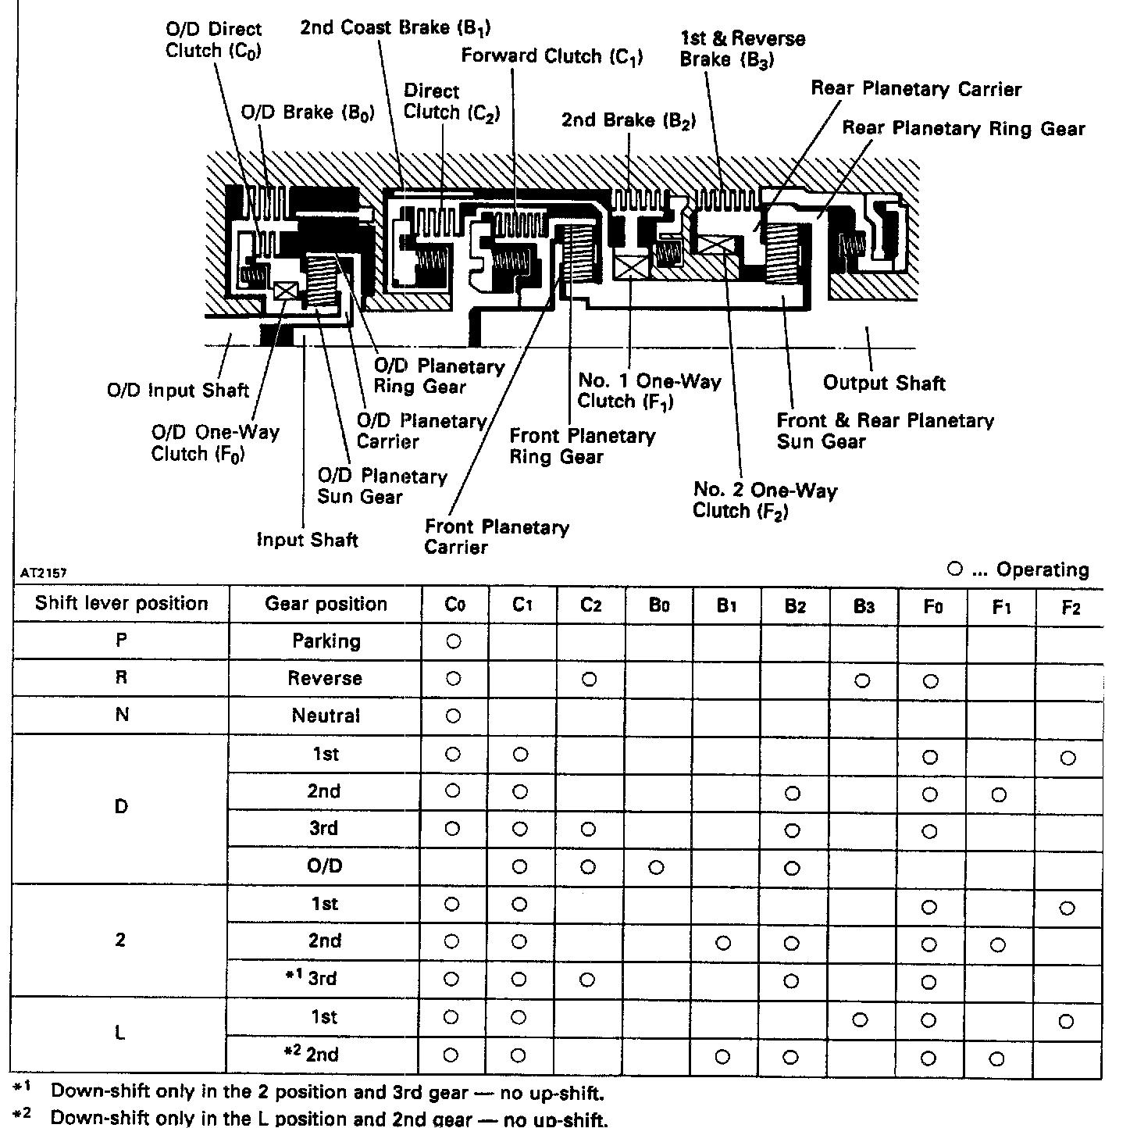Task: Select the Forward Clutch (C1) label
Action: pos(551,56)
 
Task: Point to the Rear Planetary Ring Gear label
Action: pos(963,128)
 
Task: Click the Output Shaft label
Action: pos(884,384)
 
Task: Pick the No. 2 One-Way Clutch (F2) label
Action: pos(765,500)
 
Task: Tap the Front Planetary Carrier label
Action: pos(497,537)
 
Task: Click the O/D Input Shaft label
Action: pos(178,390)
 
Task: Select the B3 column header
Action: pos(863,607)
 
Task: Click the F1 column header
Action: pos(1001,607)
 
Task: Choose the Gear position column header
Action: pos(326,604)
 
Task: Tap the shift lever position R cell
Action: pos(121,677)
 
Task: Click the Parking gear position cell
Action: pos(326,641)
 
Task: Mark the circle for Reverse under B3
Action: pos(861,680)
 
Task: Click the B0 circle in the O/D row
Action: pos(657,867)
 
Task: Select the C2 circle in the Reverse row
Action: pos(590,679)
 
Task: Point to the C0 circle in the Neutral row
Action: pos(453,716)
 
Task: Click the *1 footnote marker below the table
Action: pos(20,1087)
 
